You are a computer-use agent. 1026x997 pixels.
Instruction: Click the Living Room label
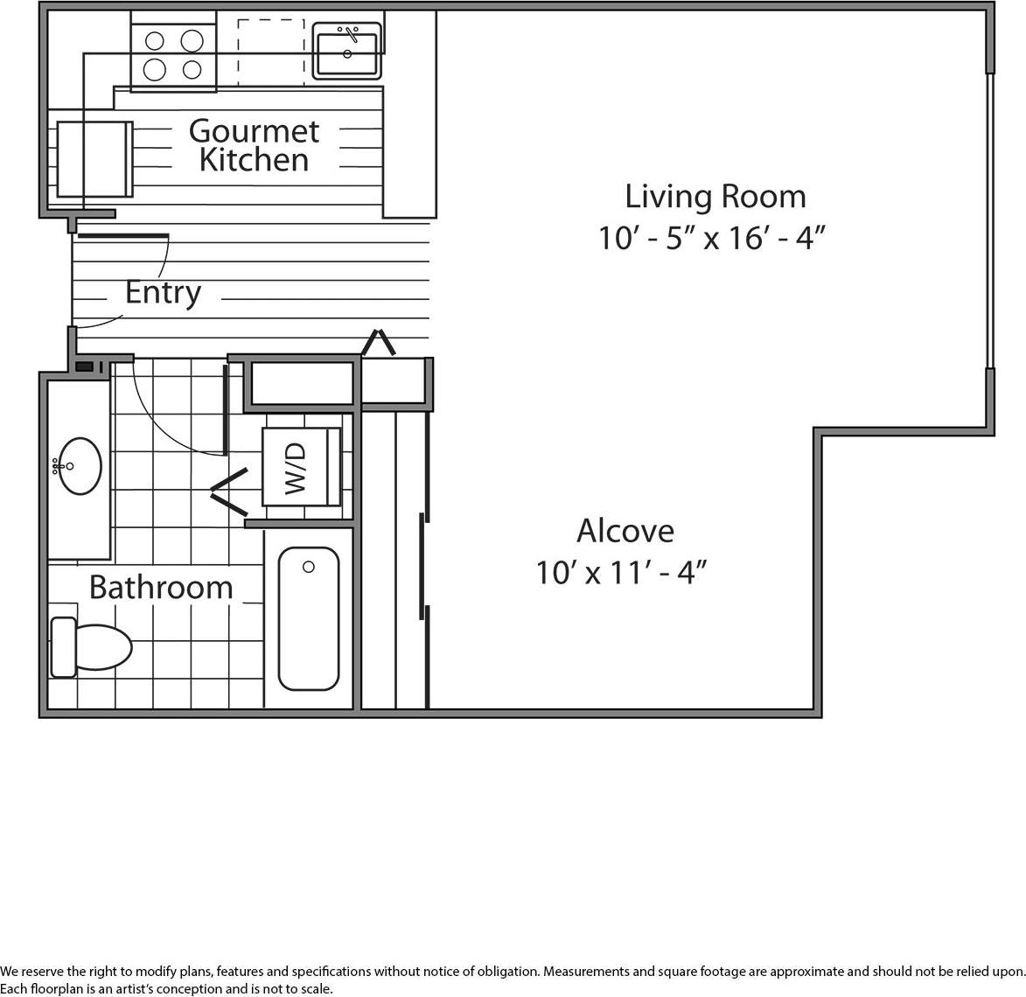click(x=715, y=196)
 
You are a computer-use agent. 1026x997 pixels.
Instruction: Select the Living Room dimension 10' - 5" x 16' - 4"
click(x=712, y=238)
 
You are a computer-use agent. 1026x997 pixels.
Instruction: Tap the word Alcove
click(x=625, y=531)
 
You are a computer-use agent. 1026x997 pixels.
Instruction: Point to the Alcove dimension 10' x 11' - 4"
click(x=620, y=573)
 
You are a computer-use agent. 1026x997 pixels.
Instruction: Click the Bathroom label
click(x=161, y=587)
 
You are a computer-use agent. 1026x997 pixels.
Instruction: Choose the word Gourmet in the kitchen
click(x=254, y=131)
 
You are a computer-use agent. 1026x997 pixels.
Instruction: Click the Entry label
click(x=163, y=292)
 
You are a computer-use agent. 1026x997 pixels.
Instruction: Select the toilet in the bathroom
click(x=92, y=647)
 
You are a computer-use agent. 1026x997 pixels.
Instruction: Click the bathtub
click(x=309, y=618)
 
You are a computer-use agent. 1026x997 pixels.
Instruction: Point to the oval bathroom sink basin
click(x=80, y=466)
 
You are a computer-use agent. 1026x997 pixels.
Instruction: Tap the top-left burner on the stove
click(x=155, y=40)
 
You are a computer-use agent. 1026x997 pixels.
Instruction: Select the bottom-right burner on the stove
click(x=192, y=69)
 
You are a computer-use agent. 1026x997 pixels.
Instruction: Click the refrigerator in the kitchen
click(x=94, y=159)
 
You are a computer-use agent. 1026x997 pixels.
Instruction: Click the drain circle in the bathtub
click(x=309, y=567)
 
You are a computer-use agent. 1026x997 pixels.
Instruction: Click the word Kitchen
click(x=254, y=161)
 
